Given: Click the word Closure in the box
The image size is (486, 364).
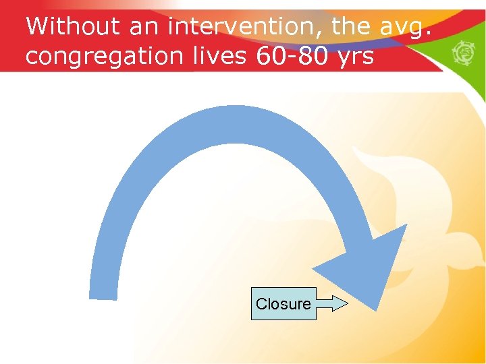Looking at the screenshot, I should pos(283,304).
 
